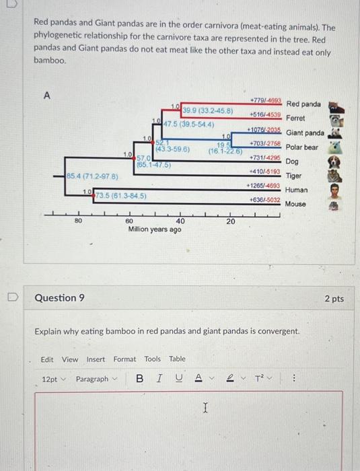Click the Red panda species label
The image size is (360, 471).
pyautogui.click(x=304, y=104)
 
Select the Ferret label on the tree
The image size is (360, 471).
pyautogui.click(x=295, y=118)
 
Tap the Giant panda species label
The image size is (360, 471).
pyautogui.click(x=304, y=133)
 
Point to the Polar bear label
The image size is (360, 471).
pyautogui.click(x=301, y=147)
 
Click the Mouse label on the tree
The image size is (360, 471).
pyautogui.click(x=295, y=204)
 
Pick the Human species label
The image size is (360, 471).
pyautogui.click(x=295, y=190)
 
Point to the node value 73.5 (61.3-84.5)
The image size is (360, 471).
pyautogui.click(x=120, y=195)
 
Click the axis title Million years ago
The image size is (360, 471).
pyautogui.click(x=154, y=229)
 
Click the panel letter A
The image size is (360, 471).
pyautogui.click(x=48, y=96)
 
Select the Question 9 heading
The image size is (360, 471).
pyautogui.click(x=59, y=298)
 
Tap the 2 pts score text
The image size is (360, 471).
pyautogui.click(x=334, y=298)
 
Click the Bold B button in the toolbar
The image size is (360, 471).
pyautogui.click(x=139, y=379)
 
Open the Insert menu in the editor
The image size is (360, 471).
pyautogui.click(x=96, y=359)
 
